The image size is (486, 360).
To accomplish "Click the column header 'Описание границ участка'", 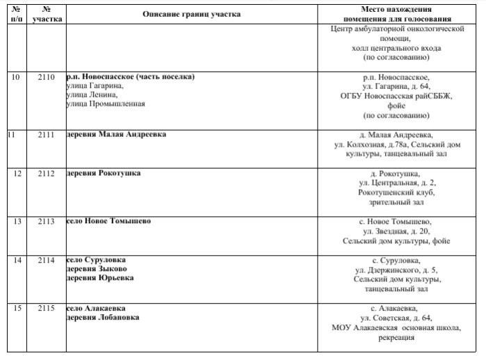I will click(x=192, y=14).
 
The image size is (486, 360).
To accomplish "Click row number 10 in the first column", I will click(x=17, y=76).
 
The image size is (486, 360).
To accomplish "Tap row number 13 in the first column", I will click(x=17, y=221).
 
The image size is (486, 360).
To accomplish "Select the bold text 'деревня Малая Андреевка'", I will click(x=116, y=134).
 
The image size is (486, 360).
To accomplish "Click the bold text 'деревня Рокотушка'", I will click(x=104, y=173).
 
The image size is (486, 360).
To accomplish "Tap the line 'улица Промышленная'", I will click(x=106, y=104).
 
